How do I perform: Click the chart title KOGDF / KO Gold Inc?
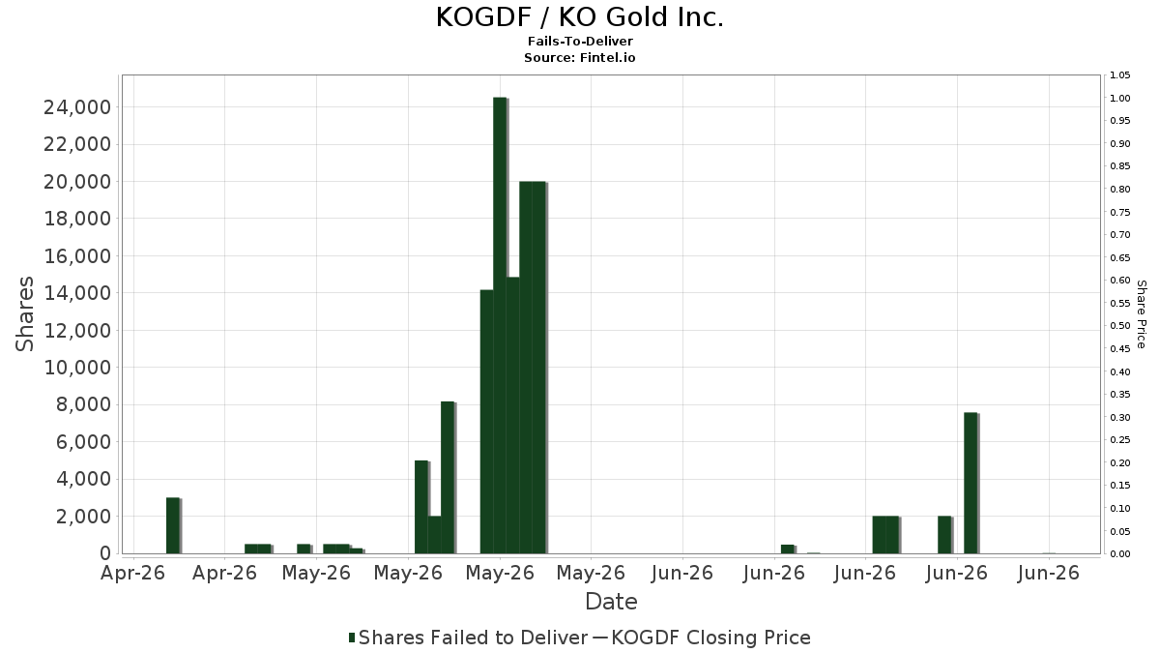pos(579,17)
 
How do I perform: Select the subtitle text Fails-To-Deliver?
pos(580,41)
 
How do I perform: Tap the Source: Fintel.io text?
pos(579,57)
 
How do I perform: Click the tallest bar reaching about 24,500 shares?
pos(500,325)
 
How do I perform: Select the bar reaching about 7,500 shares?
pos(971,483)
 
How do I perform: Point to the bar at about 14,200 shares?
pos(487,422)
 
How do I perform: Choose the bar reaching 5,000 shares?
pos(421,507)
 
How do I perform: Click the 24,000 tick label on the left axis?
pos(77,107)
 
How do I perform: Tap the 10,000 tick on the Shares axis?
pos(77,368)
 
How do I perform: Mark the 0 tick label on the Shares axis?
pos(105,553)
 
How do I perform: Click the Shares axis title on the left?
pos(25,314)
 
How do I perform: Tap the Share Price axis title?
pos(1141,314)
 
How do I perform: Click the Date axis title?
pos(611,602)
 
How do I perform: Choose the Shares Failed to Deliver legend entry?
pos(469,638)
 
